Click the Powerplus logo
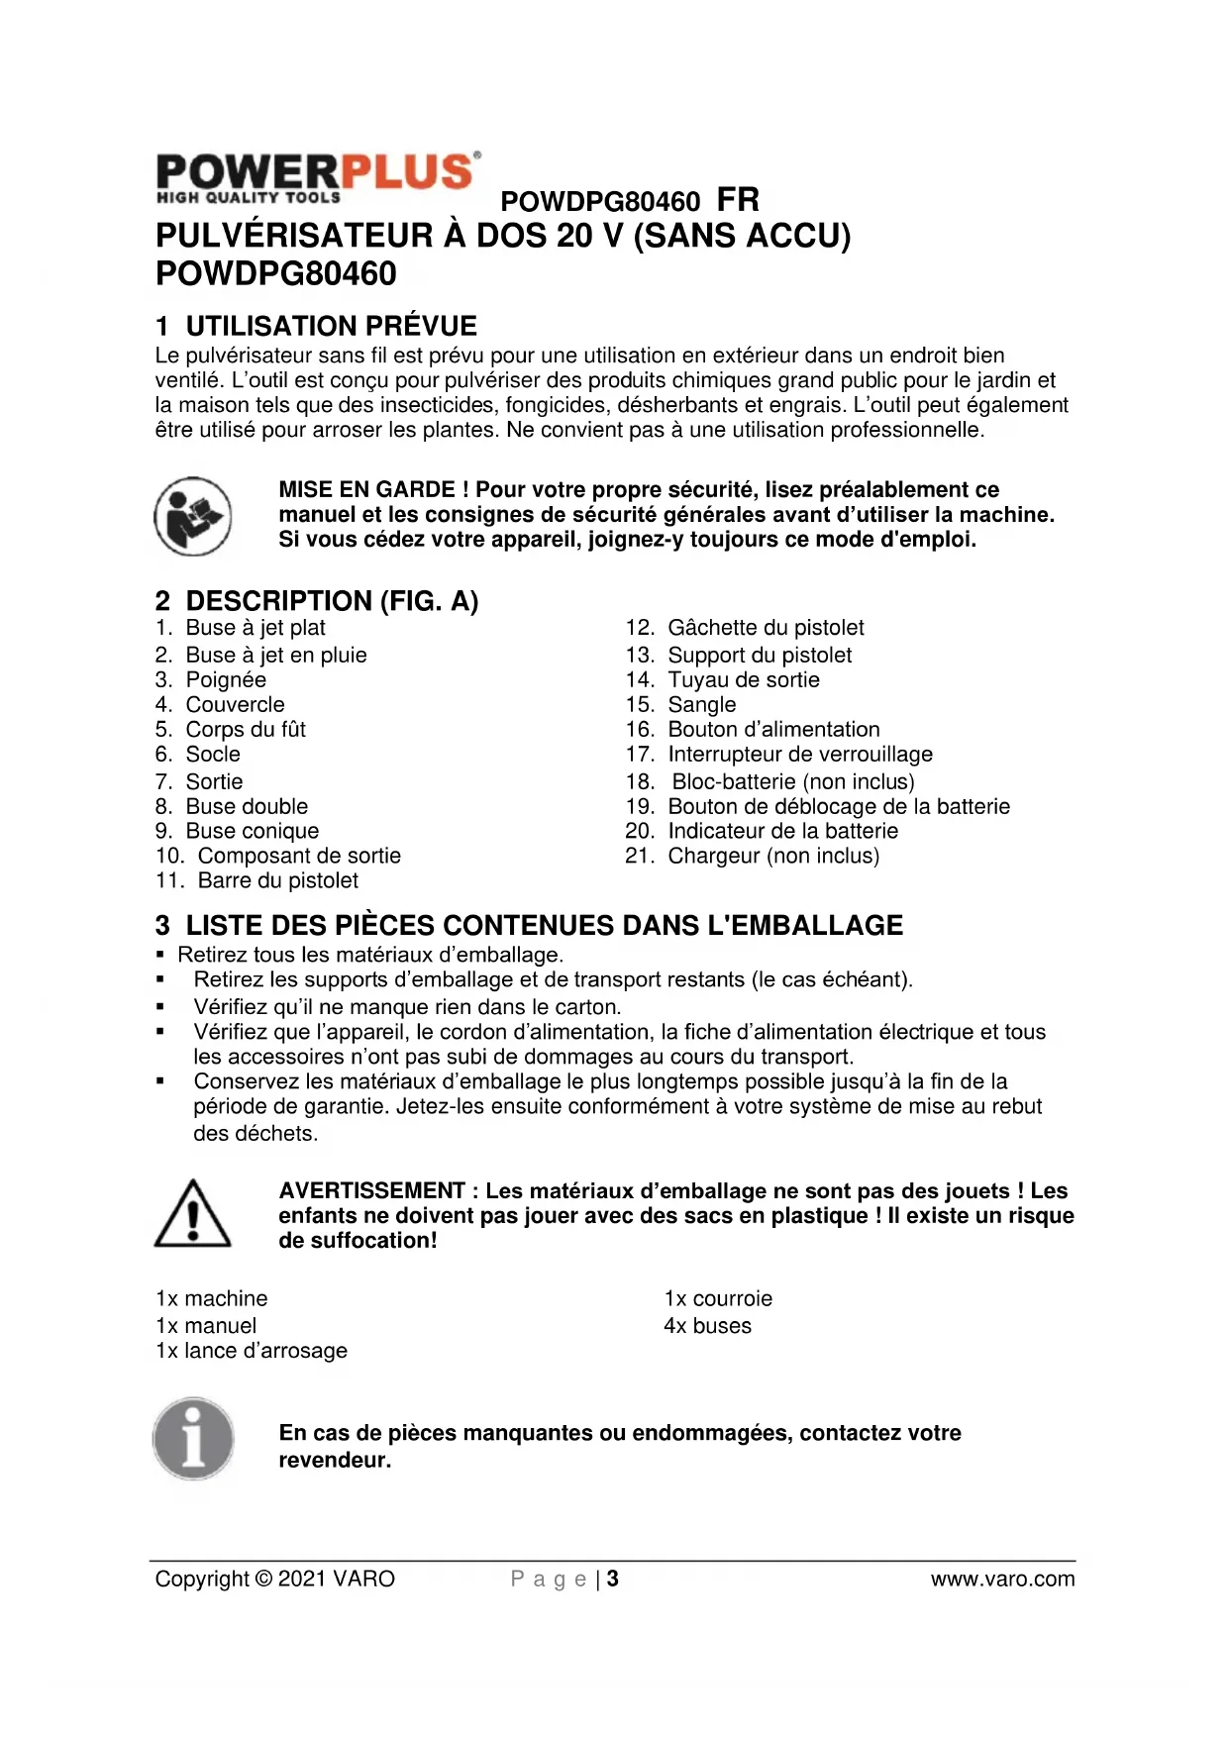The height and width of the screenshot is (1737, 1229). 318,177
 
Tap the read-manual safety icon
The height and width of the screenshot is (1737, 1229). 193,516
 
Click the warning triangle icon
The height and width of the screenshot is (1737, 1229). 193,1214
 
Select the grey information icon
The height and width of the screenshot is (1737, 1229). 193,1439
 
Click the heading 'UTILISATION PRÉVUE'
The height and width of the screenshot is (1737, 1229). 331,326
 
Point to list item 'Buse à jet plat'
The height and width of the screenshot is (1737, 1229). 255,628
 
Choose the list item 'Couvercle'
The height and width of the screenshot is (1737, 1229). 235,705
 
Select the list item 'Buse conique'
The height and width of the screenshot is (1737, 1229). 252,831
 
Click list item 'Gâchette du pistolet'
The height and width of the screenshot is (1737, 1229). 766,628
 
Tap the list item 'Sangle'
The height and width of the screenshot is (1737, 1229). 702,705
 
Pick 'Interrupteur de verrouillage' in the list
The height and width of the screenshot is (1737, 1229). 800,755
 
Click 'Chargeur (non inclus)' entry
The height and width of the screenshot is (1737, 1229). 773,856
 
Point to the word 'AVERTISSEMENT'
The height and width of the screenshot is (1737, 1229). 371,1190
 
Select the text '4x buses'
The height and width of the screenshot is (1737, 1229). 707,1326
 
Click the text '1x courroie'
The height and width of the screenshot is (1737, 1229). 718,1298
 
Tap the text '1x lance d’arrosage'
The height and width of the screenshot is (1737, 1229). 252,1351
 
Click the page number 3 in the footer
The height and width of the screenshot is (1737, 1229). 613,1579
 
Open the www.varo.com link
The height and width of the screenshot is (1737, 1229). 1002,1579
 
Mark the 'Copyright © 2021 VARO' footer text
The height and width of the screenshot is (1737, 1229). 274,1579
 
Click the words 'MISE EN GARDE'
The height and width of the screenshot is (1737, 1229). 366,489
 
